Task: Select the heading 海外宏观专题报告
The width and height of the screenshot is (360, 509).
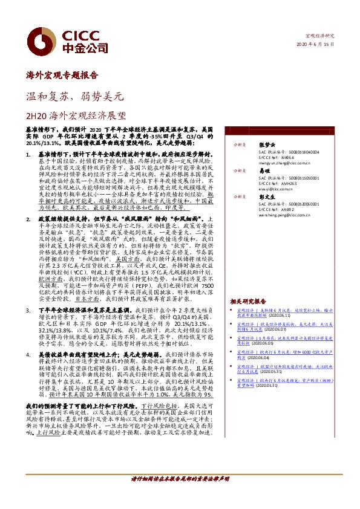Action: pos(62,76)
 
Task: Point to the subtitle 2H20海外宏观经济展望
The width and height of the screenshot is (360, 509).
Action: pos(76,114)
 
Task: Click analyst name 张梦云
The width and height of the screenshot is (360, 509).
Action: pos(266,146)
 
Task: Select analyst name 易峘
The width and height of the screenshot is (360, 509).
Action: pos(263,171)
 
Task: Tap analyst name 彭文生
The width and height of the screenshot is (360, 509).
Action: pos(266,197)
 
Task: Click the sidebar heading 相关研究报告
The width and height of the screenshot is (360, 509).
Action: pos(249,300)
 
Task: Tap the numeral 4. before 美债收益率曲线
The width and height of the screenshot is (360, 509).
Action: pos(30,354)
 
